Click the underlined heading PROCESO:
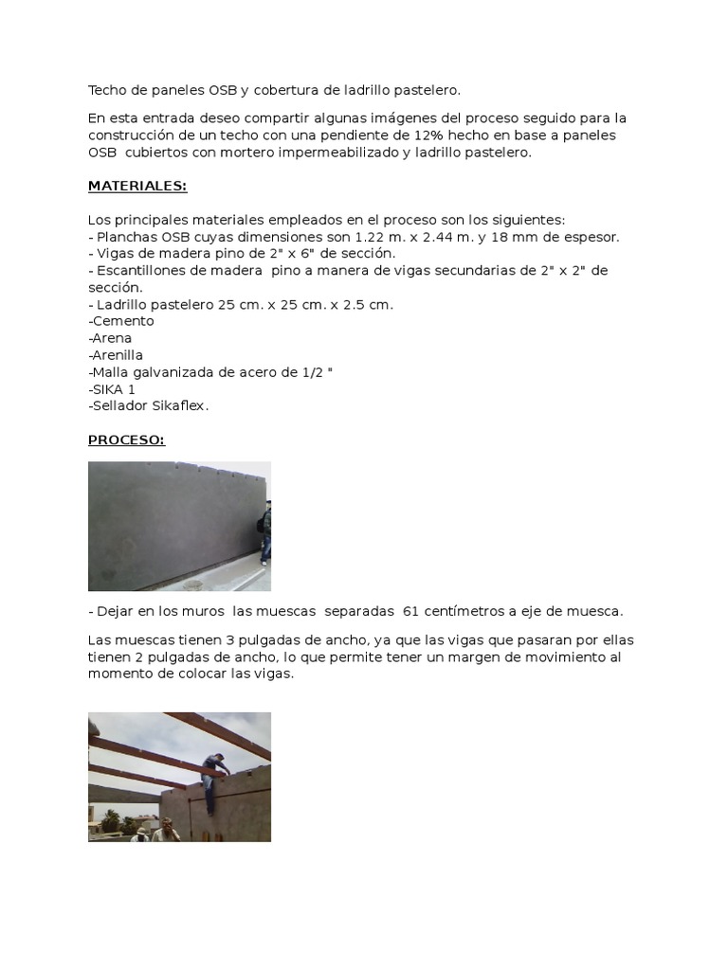click(126, 440)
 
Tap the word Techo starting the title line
click(107, 90)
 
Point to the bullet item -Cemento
click(120, 321)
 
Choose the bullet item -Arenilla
click(116, 355)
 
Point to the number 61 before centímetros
click(412, 611)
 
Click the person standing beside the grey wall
click(264, 532)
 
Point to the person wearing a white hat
click(141, 834)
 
